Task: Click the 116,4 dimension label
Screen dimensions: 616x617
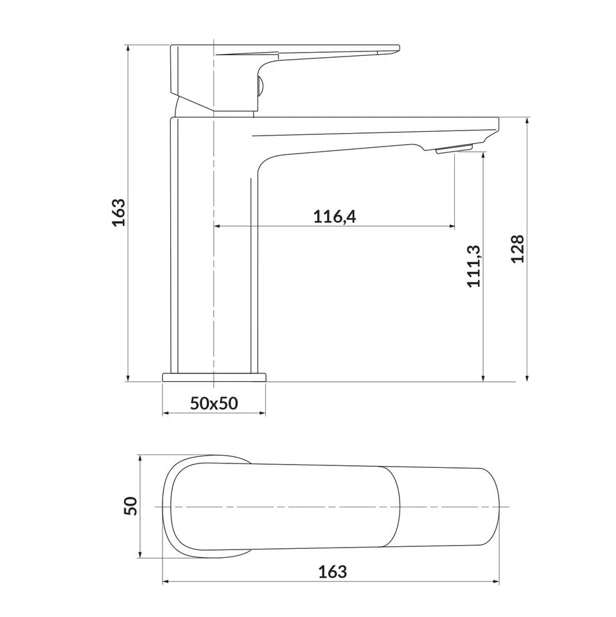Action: tap(335, 217)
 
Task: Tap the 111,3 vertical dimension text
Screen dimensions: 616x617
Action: tap(473, 266)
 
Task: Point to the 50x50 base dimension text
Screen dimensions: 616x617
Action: tap(214, 404)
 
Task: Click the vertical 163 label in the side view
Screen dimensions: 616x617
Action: tap(118, 213)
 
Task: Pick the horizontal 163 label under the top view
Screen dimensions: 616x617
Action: tap(332, 572)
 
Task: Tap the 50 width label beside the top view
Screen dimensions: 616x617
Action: tap(130, 506)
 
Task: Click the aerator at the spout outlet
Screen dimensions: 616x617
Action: tap(453, 148)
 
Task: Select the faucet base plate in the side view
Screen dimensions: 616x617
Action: tap(214, 377)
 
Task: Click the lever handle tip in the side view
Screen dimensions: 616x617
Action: tap(398, 49)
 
